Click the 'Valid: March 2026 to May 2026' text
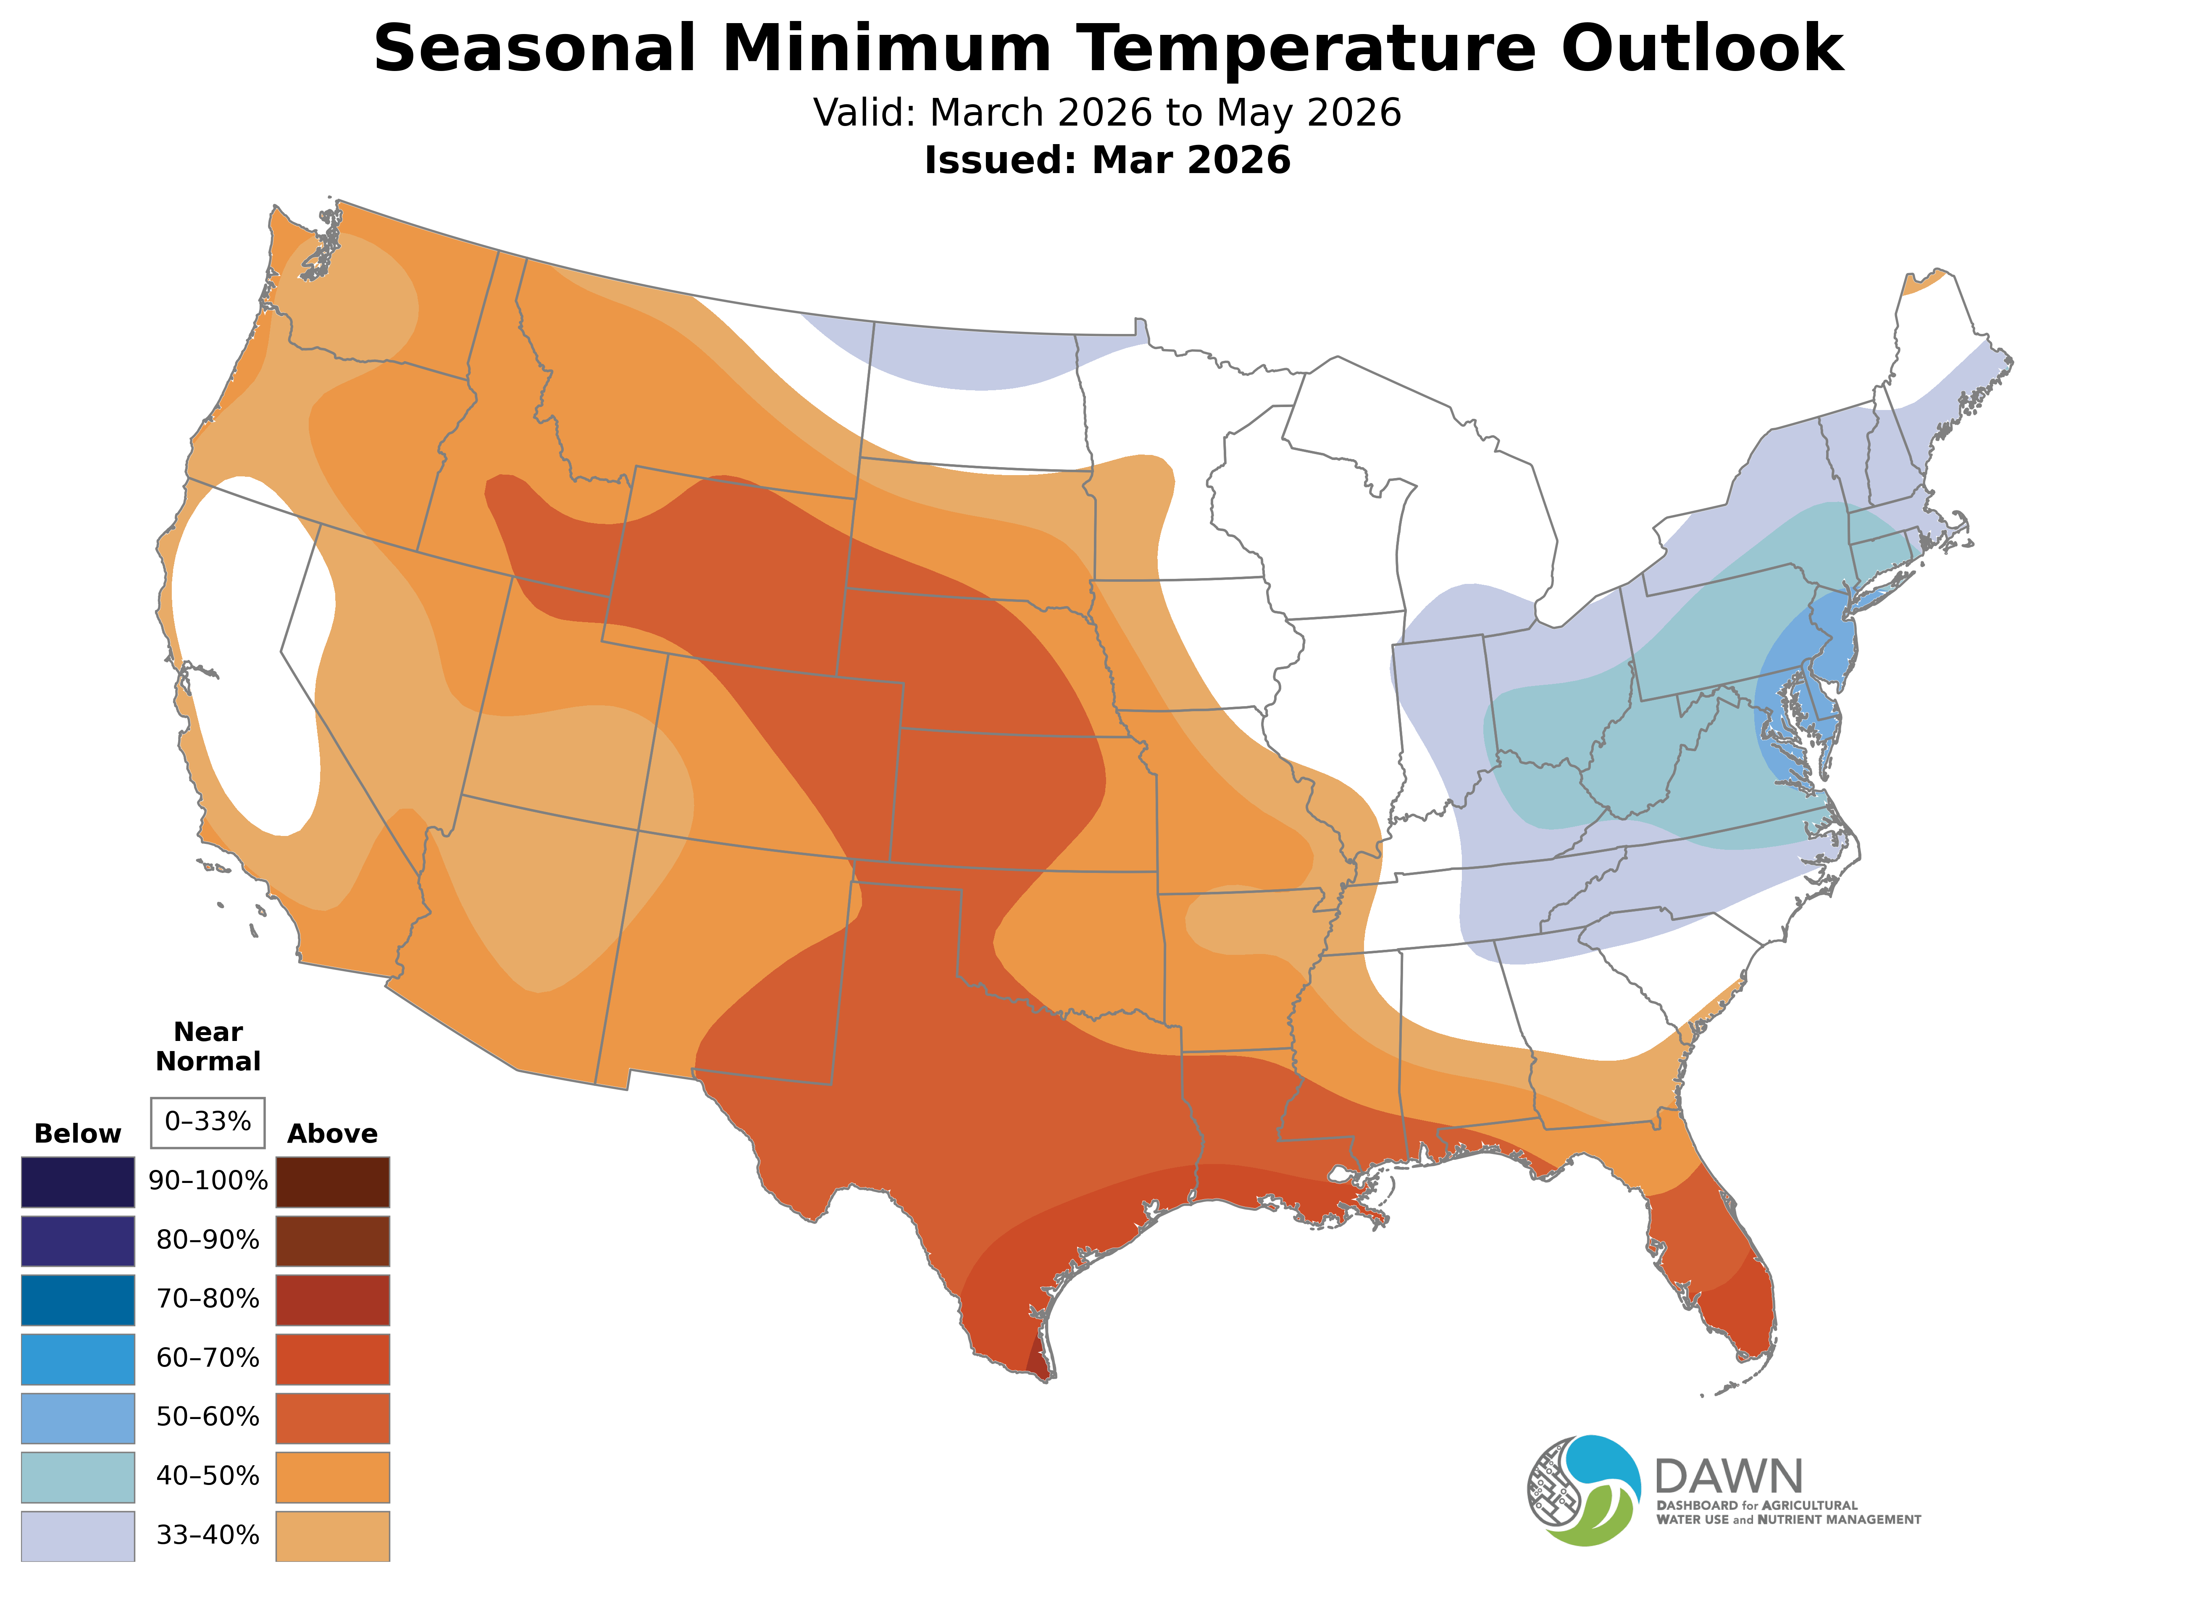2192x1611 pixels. click(x=1107, y=113)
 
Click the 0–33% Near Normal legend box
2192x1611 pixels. click(x=208, y=1122)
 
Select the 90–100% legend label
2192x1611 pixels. click(x=208, y=1182)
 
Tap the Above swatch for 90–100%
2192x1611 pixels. click(x=333, y=1182)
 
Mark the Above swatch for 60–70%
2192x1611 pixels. click(x=333, y=1359)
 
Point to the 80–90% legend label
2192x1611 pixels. click(x=208, y=1240)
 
